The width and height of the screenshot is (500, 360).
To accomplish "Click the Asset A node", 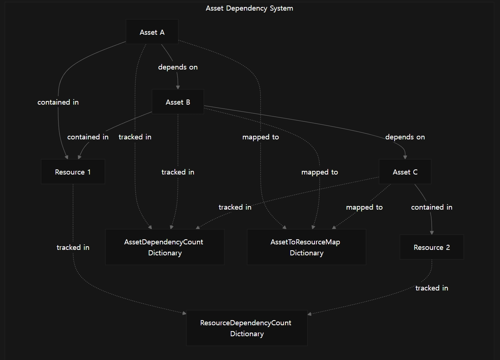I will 152,32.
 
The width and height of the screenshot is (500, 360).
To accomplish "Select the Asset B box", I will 178,102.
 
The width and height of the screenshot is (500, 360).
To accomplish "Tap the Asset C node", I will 405,172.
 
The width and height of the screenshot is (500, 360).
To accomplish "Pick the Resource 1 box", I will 73,172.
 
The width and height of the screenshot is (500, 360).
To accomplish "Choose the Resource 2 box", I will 432,247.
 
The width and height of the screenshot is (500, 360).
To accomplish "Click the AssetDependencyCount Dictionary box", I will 165,247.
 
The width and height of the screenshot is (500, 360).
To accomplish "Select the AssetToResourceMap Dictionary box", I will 307,247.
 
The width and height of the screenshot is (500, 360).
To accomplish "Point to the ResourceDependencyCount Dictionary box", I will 247,328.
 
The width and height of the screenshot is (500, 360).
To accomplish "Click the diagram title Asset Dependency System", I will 249,8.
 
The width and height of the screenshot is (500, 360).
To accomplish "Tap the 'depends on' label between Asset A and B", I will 178,67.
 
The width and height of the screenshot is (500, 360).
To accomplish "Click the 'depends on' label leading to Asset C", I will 405,137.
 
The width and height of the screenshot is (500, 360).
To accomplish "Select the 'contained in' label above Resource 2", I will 432,207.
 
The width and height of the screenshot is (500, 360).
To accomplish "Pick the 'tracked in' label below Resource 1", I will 73,247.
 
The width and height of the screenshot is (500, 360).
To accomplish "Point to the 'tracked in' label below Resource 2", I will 432,288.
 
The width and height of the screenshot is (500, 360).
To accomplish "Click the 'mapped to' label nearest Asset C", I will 364,207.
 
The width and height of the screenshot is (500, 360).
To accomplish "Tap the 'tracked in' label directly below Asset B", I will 178,172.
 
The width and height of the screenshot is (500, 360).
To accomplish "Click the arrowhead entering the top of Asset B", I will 178,87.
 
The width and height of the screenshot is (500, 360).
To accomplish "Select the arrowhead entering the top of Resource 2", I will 432,233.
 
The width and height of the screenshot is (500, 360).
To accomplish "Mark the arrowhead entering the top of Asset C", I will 405,157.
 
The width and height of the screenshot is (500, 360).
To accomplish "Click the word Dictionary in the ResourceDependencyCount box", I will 247,334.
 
